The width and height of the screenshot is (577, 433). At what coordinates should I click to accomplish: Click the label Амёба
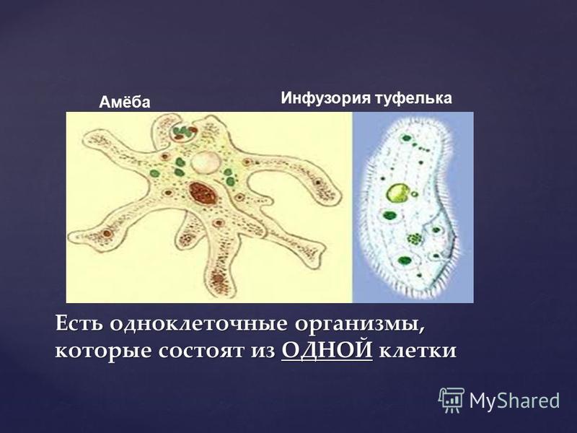[x=125, y=102]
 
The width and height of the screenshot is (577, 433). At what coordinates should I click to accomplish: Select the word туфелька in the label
[x=413, y=98]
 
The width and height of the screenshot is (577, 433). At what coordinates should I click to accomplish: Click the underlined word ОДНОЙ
[x=327, y=350]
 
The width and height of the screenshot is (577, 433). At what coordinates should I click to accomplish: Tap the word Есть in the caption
[x=79, y=323]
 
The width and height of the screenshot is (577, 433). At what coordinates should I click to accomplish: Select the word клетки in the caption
[x=418, y=351]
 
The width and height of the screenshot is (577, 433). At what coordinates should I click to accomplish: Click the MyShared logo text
[x=514, y=401]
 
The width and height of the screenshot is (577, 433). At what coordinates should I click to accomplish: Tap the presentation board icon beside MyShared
[x=452, y=400]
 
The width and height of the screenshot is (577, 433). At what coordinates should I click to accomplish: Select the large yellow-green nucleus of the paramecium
[x=397, y=193]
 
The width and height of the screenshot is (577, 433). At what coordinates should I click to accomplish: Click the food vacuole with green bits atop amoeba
[x=183, y=131]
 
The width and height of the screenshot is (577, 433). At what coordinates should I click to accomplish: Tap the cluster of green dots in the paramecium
[x=415, y=239]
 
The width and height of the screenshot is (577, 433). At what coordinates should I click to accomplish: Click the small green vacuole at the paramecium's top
[x=407, y=139]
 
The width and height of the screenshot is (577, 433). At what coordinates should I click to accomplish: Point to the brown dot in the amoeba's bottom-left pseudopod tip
[x=107, y=233]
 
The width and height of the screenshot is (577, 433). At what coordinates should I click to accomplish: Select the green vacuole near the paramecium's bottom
[x=404, y=261]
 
